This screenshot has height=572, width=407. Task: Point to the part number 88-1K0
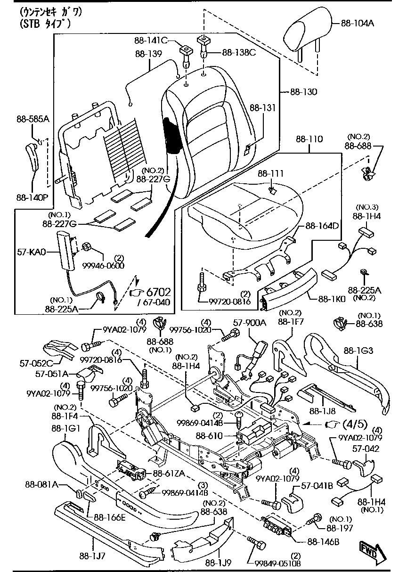[332, 298]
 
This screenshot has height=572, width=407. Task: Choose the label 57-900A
[250, 323]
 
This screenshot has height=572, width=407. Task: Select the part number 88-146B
[323, 541]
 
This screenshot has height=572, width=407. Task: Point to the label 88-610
[209, 436]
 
